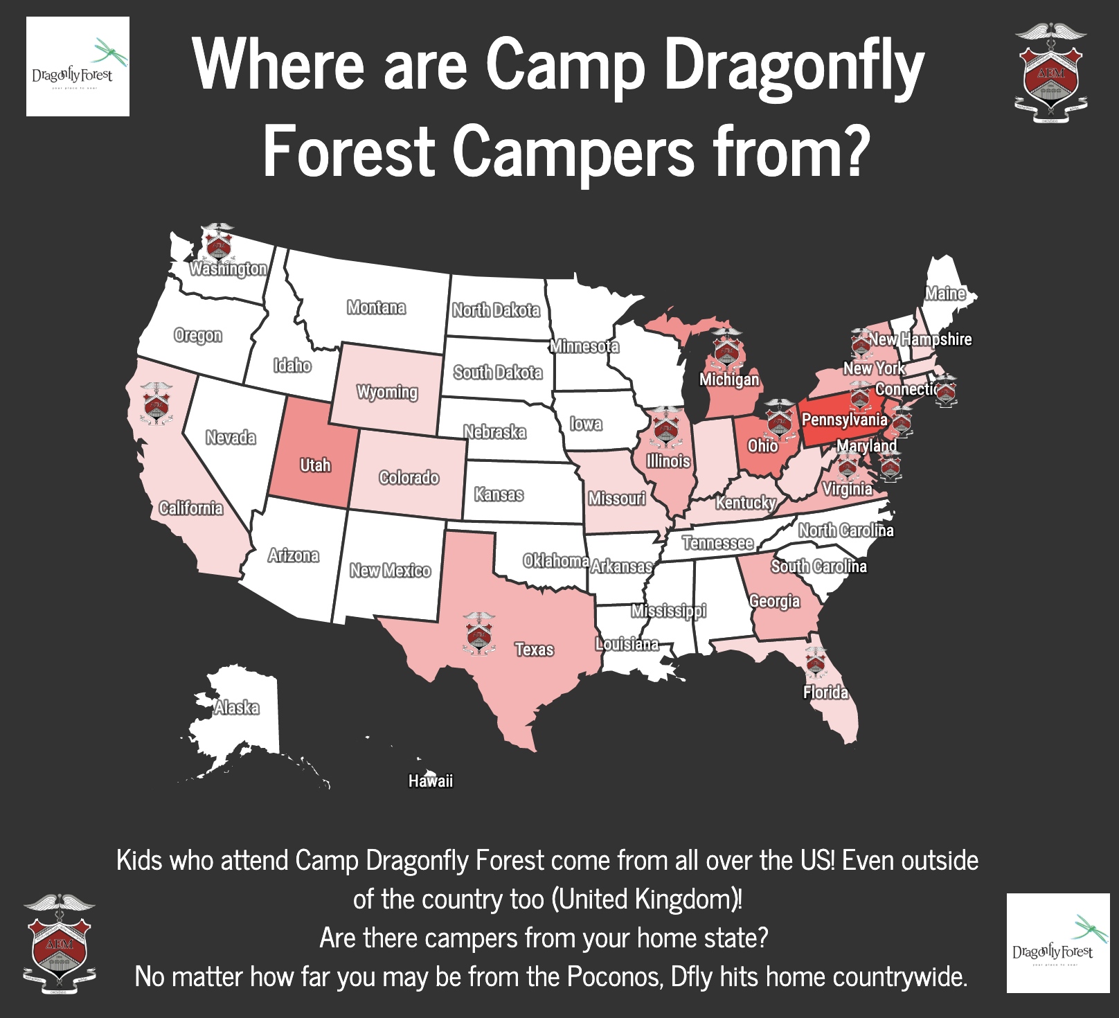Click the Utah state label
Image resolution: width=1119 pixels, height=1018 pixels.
point(315,465)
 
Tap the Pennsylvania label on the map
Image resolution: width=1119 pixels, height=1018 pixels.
point(844,420)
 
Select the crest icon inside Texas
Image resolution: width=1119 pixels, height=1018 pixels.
point(479,634)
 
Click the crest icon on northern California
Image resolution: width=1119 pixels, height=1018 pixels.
point(156,404)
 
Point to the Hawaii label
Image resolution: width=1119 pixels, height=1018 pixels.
point(430,781)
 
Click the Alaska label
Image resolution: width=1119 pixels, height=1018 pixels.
point(236,708)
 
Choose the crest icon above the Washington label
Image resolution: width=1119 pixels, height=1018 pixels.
point(218,242)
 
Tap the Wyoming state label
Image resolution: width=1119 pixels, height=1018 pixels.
point(387,392)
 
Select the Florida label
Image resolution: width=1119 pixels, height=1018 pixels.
point(825,693)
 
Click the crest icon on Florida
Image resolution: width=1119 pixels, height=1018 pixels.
point(816,663)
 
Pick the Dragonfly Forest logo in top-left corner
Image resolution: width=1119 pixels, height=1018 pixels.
point(78,66)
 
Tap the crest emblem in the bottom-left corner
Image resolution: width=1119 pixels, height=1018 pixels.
point(59,943)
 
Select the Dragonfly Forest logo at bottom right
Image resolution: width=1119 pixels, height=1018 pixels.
point(1057,943)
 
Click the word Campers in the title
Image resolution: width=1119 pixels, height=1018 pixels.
point(574,152)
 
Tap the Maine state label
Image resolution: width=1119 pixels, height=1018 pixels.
point(945,294)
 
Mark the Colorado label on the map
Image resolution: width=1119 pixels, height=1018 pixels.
point(409,478)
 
